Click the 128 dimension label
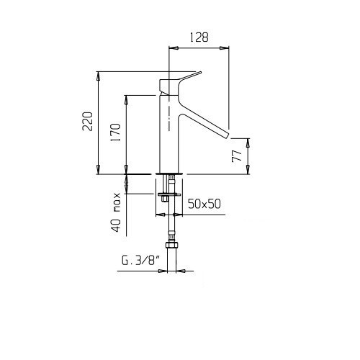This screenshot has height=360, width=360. [199, 37]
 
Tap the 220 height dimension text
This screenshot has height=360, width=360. [87, 121]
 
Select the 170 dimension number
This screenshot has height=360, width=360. [115, 132]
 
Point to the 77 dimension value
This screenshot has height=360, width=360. [237, 156]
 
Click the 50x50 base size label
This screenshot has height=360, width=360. [204, 204]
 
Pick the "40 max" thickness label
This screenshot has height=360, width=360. [116, 212]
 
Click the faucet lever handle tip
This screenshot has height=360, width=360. [200, 73]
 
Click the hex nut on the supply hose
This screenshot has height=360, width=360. [171, 246]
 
